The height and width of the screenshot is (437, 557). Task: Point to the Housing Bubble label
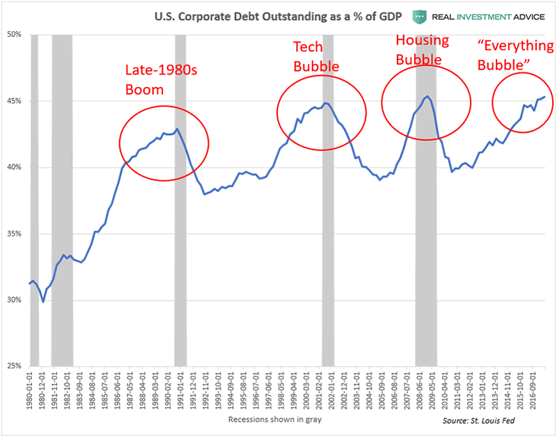[x=423, y=49]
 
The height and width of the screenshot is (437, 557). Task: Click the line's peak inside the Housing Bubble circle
[x=427, y=96]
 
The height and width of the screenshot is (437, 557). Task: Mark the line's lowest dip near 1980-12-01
[x=43, y=302]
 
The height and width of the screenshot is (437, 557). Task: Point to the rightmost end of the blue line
[x=544, y=97]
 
